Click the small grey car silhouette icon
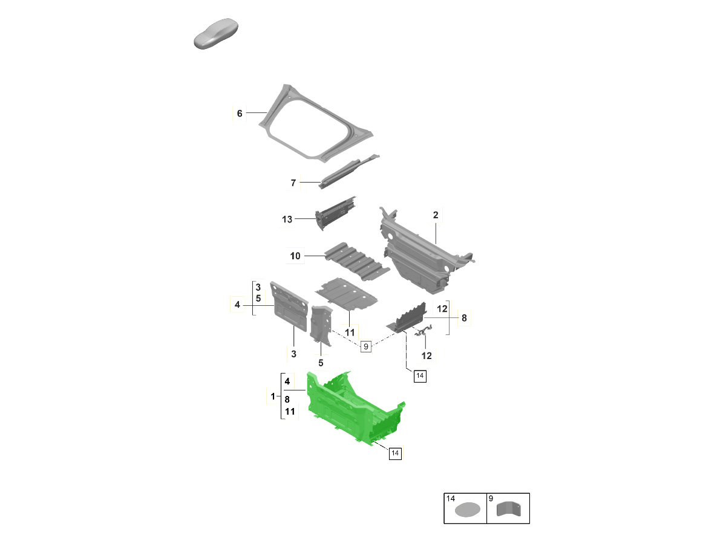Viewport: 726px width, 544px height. tap(215, 34)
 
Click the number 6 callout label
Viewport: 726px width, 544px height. tap(240, 113)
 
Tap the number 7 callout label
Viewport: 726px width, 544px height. tap(293, 183)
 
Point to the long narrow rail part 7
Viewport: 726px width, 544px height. tap(348, 172)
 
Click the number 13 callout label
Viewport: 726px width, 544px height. tap(287, 219)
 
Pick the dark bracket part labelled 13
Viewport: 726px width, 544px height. tap(335, 213)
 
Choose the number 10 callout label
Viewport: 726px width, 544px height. tap(295, 256)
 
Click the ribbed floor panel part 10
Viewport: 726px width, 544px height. tap(357, 261)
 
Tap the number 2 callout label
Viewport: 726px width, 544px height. tap(435, 215)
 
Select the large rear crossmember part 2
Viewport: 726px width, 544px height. tap(427, 251)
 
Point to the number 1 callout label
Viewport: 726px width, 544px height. tap(272, 397)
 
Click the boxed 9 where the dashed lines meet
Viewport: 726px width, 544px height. tap(365, 346)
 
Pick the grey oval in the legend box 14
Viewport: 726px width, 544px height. tap(467, 510)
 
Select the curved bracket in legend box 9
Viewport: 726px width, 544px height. tap(509, 508)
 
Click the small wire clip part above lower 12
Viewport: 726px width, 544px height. tap(423, 331)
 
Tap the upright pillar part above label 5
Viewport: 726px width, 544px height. tap(321, 326)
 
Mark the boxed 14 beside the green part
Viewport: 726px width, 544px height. tap(395, 453)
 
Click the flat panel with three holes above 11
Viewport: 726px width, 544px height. tap(346, 294)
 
